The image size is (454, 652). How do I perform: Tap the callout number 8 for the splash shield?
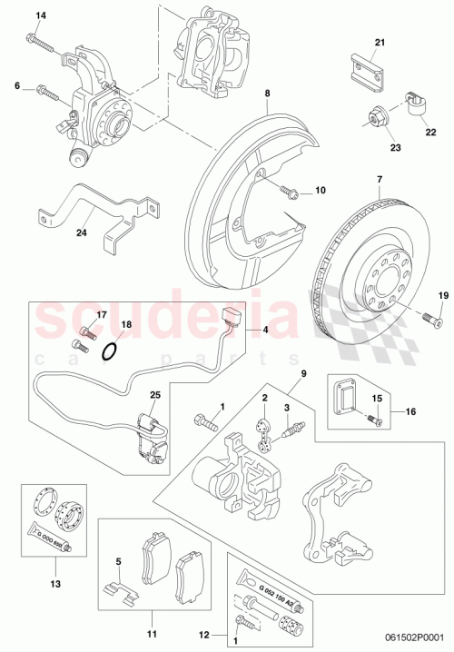click(x=268, y=93)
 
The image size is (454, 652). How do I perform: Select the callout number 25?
click(x=155, y=396)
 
